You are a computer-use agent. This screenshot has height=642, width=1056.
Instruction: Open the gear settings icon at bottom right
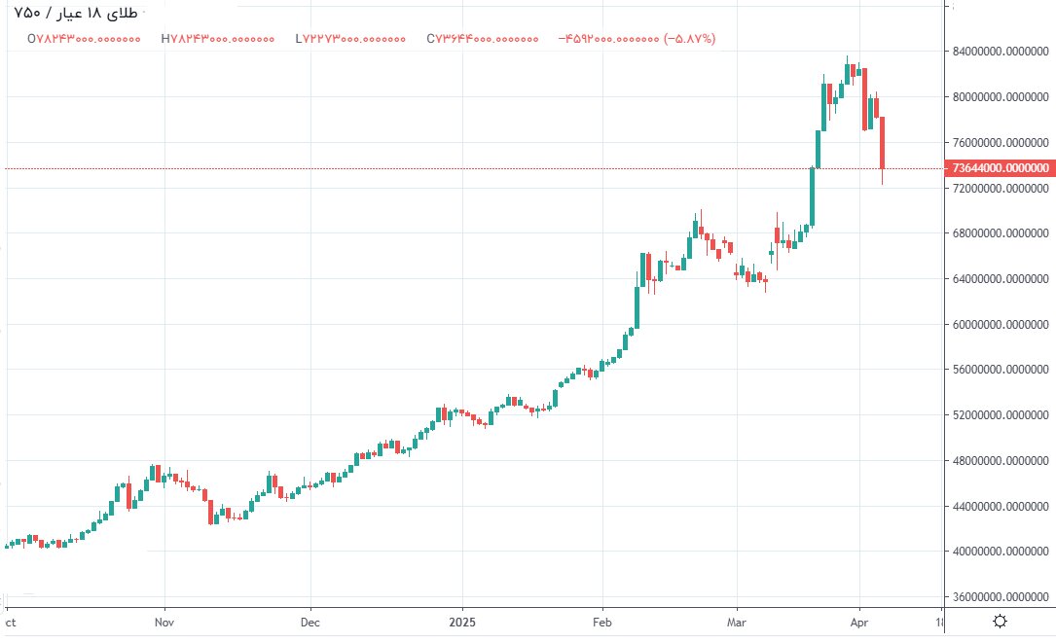pos(1001,621)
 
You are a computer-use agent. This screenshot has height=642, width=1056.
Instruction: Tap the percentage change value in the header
pos(691,39)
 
